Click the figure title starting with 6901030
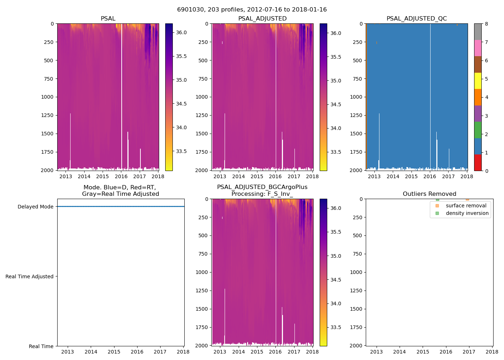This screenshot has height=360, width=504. pyautogui.click(x=252, y=10)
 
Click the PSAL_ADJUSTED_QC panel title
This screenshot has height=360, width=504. pyautogui.click(x=417, y=18)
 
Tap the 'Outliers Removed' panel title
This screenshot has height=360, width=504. pyautogui.click(x=429, y=194)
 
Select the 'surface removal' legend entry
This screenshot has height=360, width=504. pyautogui.click(x=466, y=206)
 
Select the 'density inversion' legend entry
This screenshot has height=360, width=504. pyautogui.click(x=467, y=213)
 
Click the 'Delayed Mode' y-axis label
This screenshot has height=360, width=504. pyautogui.click(x=35, y=207)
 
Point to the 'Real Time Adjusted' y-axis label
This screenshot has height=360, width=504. pyautogui.click(x=30, y=276)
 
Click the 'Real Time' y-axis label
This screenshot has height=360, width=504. pyautogui.click(x=41, y=346)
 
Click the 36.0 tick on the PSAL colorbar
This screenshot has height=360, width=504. pyautogui.click(x=181, y=32)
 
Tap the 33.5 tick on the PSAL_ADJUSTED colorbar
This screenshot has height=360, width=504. pyautogui.click(x=336, y=152)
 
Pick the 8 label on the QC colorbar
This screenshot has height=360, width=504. pyautogui.click(x=486, y=24)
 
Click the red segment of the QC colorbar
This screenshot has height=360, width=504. pyautogui.click(x=478, y=162)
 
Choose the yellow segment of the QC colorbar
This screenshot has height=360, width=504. pyautogui.click(x=478, y=81)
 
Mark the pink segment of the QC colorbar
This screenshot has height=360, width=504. pyautogui.click(x=478, y=48)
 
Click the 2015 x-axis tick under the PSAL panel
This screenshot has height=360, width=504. pyautogui.click(x=103, y=176)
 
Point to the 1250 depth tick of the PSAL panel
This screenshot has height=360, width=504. pyautogui.click(x=47, y=115)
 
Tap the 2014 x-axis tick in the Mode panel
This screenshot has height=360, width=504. pyautogui.click(x=91, y=352)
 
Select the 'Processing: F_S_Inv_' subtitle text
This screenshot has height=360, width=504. pyautogui.click(x=262, y=194)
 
